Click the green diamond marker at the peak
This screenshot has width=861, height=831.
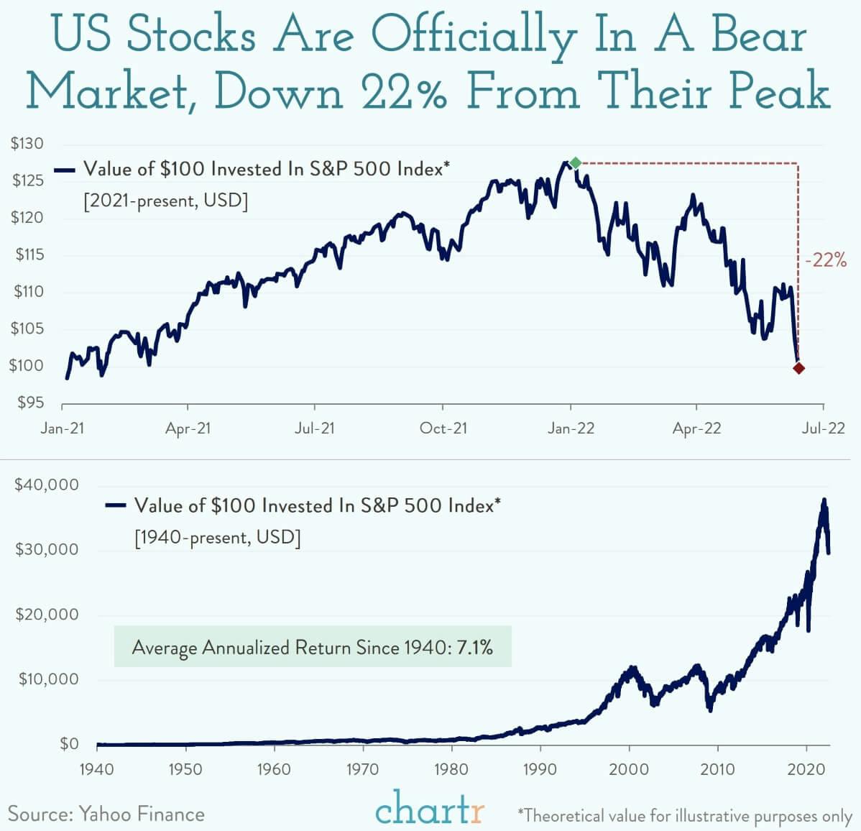point(575,163)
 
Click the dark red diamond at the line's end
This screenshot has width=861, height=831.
point(798,368)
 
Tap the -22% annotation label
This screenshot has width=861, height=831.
point(825,260)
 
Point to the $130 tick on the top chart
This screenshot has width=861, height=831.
point(27,144)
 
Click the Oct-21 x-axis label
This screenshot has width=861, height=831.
point(443,428)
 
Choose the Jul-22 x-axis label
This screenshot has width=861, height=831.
point(823,428)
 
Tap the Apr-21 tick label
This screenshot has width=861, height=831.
point(188,428)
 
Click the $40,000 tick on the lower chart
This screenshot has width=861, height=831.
point(47,485)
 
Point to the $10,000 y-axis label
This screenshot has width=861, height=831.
point(47,679)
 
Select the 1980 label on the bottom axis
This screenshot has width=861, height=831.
point(451,769)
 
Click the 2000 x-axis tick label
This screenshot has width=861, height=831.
point(629,769)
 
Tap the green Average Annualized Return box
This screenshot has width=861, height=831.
point(313,647)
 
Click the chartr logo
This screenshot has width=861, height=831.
point(430,809)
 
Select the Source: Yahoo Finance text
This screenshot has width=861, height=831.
point(106,814)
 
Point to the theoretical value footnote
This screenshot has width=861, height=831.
point(684,816)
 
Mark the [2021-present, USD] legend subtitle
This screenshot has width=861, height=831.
point(166,200)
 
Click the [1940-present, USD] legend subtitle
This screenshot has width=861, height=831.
point(217,537)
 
